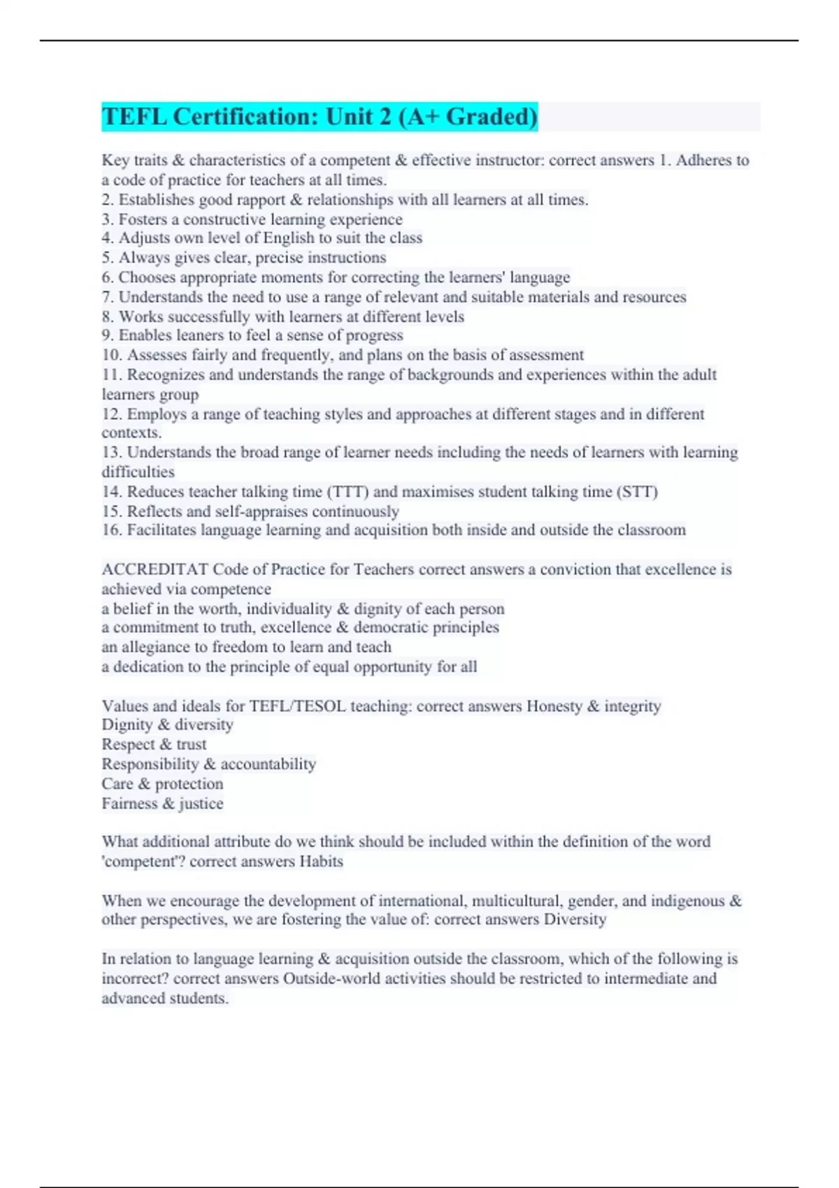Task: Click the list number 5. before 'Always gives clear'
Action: point(107,258)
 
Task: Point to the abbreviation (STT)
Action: point(637,492)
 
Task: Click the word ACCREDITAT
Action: point(155,570)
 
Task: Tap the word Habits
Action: point(321,862)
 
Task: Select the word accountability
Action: point(268,765)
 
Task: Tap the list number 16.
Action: point(112,530)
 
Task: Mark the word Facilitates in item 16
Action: point(161,530)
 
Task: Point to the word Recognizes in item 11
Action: point(166,375)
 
